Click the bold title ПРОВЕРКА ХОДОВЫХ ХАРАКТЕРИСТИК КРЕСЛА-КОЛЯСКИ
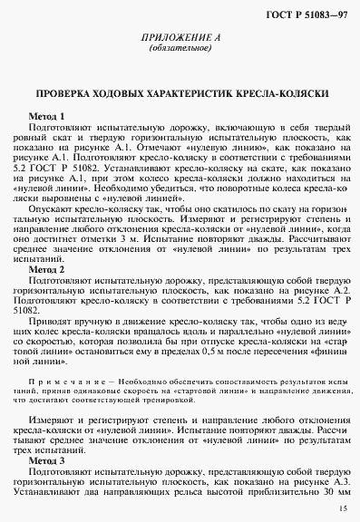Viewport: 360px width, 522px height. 180,94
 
